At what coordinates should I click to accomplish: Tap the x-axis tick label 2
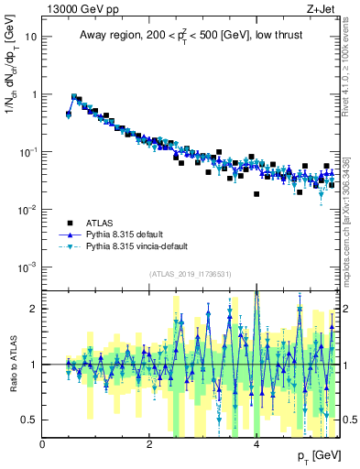tap(149, 443)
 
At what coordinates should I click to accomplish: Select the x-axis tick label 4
tap(256, 443)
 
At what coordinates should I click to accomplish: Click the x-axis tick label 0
tap(43, 443)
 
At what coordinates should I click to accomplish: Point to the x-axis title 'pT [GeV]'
tap(312, 456)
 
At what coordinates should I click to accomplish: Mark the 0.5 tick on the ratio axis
tap(31, 420)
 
